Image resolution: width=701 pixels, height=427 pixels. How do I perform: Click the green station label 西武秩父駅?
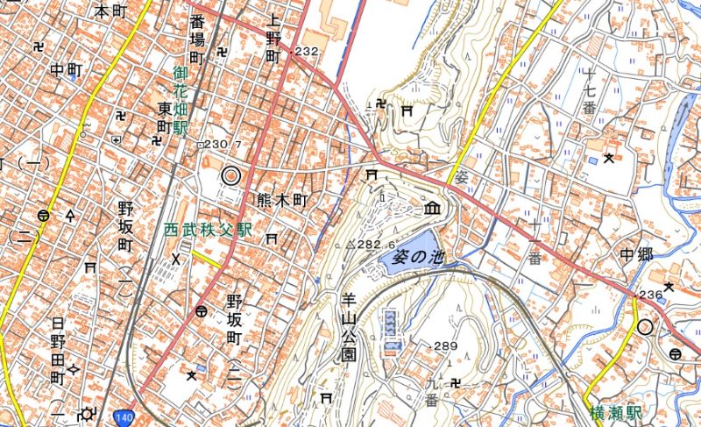208,229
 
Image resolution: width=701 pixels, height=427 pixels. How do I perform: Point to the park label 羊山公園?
348,327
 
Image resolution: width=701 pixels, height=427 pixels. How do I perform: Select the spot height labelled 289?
444,346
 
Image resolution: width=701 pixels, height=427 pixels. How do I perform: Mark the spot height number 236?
651,295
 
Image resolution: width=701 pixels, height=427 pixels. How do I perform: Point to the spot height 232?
306,53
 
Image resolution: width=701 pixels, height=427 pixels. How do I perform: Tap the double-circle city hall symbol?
230,176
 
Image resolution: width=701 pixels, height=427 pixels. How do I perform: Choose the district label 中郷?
637,255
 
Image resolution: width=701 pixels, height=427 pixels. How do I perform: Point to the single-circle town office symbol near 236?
646,327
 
